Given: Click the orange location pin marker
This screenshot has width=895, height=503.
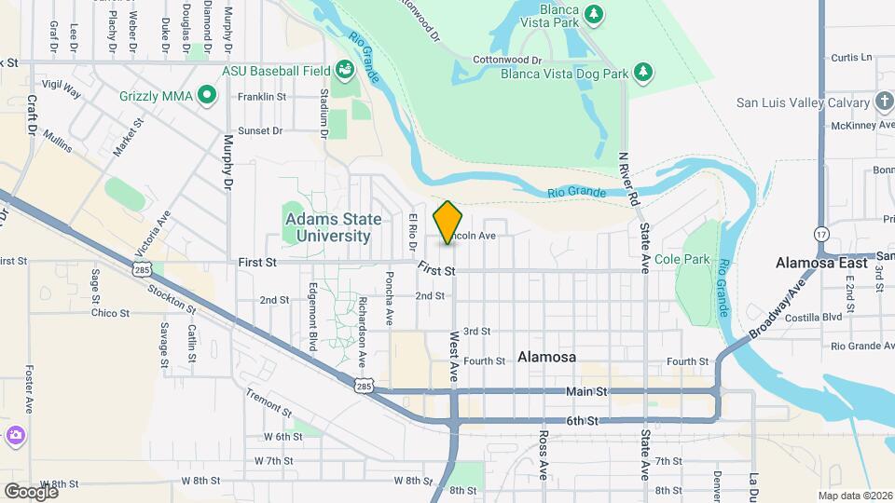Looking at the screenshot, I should coord(448,223).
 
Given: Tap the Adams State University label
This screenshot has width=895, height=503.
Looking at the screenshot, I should coord(333,227).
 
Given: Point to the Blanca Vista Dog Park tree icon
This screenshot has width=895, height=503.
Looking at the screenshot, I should coord(641,72).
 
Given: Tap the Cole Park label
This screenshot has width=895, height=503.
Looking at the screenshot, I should coord(682,259).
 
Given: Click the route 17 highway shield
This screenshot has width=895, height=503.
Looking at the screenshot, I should coord(821,233).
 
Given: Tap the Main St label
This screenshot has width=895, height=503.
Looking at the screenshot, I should coord(586,392).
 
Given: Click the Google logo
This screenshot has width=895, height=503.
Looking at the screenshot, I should coord(32,491).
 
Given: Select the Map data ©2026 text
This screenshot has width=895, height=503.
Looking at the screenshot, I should coord(855,495).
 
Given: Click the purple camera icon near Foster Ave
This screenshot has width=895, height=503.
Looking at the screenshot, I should coord(16,435).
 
